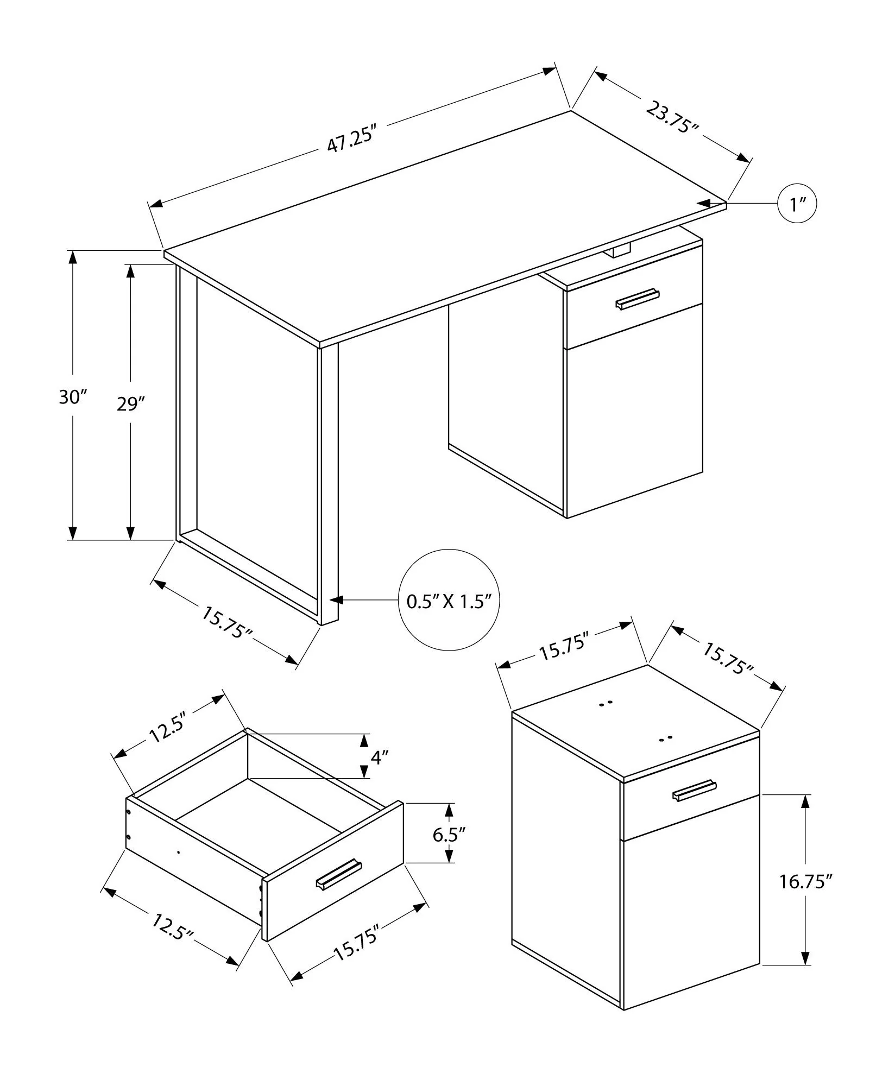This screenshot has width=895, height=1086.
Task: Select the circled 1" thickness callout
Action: click(797, 204)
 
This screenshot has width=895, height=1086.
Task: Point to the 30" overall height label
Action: click(72, 397)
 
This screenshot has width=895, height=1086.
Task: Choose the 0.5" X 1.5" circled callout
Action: click(449, 601)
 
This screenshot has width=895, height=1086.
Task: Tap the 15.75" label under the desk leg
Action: click(228, 623)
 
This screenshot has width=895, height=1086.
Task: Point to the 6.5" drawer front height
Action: click(449, 849)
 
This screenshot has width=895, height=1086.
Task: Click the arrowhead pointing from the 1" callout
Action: click(705, 203)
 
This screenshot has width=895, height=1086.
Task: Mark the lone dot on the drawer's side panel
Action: click(179, 867)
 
